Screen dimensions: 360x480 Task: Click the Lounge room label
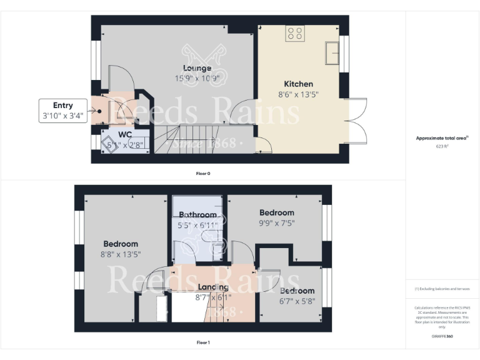click(x=197, y=68)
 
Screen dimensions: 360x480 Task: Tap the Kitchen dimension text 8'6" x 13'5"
click(x=298, y=95)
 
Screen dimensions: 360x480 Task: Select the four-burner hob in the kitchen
click(x=295, y=34)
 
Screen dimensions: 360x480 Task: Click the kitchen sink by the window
click(x=332, y=53)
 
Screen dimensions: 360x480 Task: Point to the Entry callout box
click(x=63, y=111)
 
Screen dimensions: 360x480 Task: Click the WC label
click(x=124, y=134)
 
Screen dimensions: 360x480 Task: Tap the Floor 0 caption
click(x=203, y=173)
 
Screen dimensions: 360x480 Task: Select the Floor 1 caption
click(x=203, y=342)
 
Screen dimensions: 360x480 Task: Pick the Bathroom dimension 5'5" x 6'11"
click(x=197, y=224)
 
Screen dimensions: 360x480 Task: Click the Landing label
click(x=213, y=287)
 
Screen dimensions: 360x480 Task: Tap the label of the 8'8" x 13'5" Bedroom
click(x=121, y=244)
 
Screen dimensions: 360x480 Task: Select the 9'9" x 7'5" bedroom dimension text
click(x=277, y=223)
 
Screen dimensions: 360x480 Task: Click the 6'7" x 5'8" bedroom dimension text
click(x=297, y=301)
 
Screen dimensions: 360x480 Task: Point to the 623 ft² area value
click(x=442, y=146)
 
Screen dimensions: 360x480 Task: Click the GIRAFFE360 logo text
click(x=442, y=336)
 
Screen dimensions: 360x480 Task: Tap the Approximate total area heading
click(x=442, y=138)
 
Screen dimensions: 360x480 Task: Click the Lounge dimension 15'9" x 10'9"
click(x=197, y=79)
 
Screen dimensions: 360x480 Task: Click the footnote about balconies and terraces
click(x=442, y=289)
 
